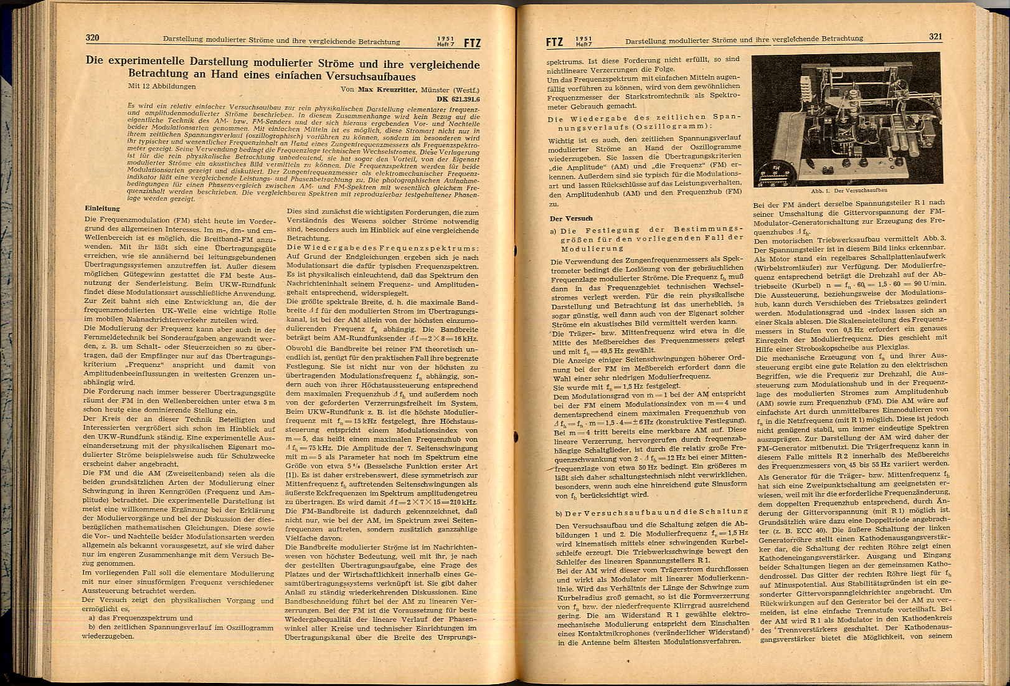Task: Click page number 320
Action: pos(92,38)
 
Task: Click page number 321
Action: pos(935,37)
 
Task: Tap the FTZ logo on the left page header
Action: pos(471,43)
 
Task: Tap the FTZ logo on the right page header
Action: pos(554,42)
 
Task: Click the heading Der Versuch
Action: pos(570,219)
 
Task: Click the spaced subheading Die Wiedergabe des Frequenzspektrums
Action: pos(382,248)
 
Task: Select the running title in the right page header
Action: pos(743,39)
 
